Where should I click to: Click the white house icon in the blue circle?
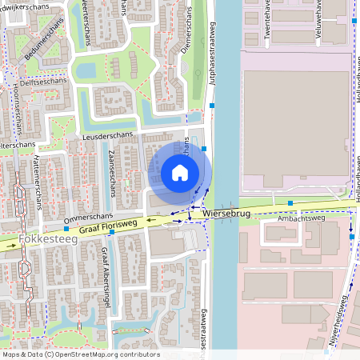point(180,173)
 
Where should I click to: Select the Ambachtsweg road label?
point(300,218)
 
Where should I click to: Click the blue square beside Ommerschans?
point(66,229)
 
